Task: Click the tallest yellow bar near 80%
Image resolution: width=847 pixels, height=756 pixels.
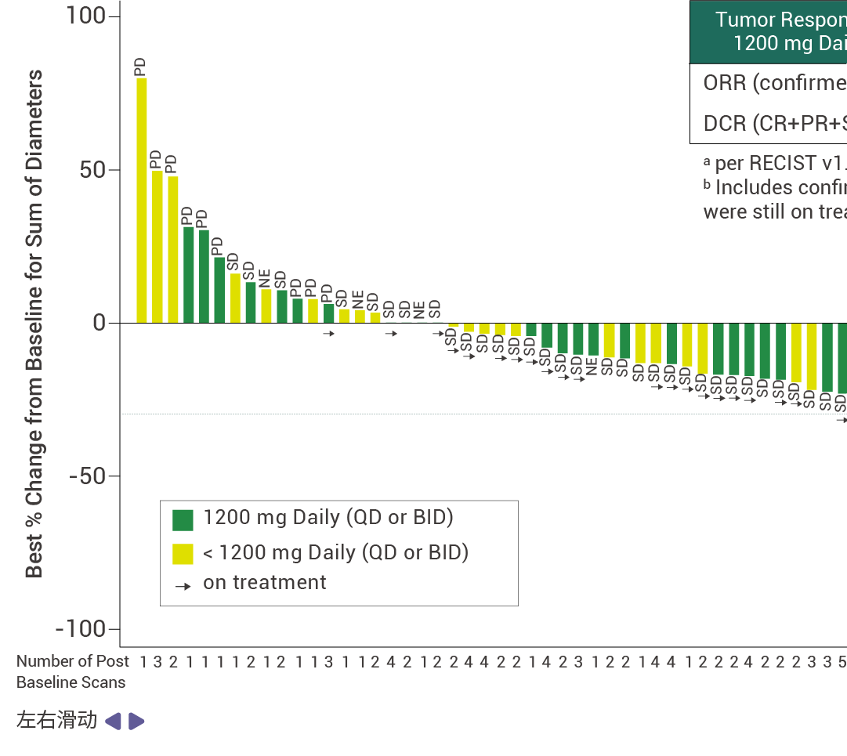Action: [142, 200]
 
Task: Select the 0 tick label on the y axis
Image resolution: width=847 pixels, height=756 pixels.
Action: [99, 323]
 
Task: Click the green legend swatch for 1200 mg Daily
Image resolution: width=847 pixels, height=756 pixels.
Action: [183, 519]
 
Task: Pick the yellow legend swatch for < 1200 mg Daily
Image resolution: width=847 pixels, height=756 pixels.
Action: [183, 554]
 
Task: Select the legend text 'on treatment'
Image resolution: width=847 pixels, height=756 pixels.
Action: [264, 583]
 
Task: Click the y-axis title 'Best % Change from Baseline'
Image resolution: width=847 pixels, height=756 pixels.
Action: [34, 323]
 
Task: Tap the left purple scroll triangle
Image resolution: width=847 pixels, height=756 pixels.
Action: [113, 721]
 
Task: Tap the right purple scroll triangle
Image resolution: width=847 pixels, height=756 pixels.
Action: [136, 721]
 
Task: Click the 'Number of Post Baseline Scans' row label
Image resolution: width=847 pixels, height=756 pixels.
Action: [71, 671]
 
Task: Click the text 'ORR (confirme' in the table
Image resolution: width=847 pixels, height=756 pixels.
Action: [774, 83]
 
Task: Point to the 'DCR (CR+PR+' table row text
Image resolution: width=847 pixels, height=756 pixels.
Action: [774, 123]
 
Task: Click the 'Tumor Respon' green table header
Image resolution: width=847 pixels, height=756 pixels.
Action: [779, 31]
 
